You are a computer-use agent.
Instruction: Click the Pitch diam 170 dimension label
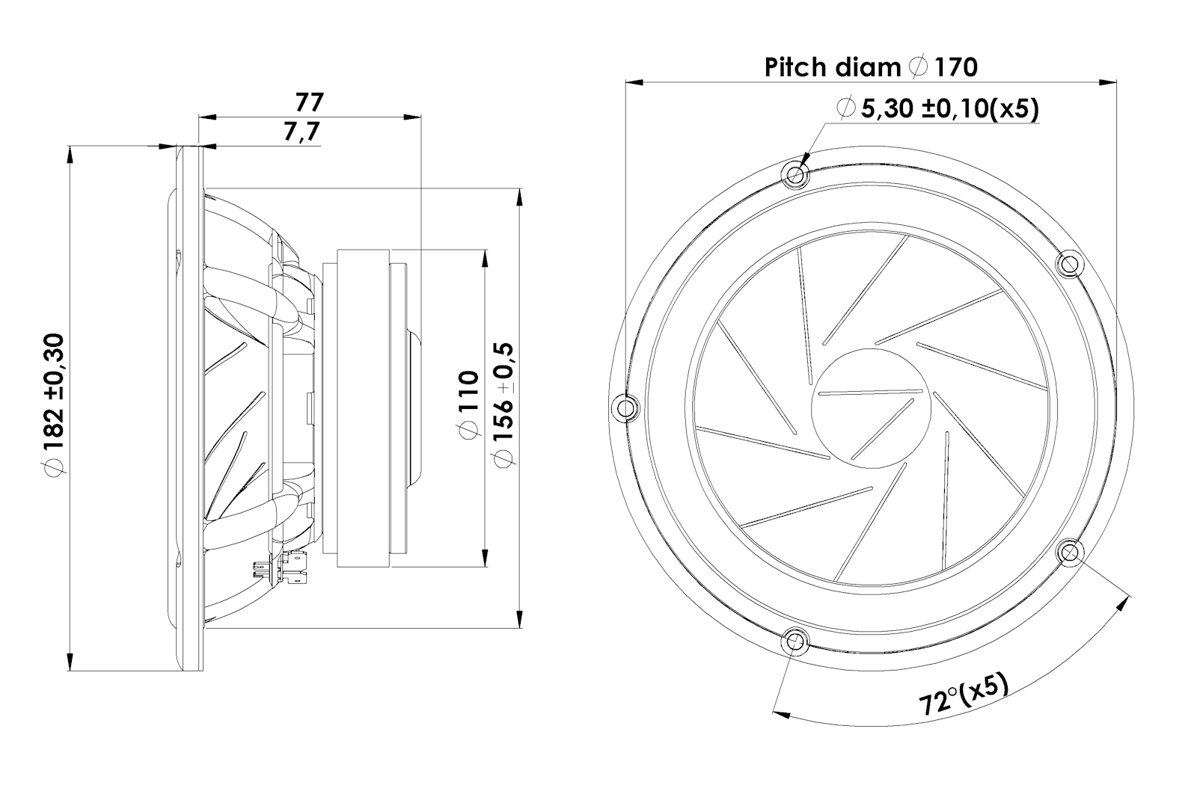click(x=870, y=67)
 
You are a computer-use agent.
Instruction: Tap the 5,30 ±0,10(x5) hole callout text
click(x=949, y=110)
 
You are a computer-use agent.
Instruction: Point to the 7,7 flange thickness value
click(x=301, y=132)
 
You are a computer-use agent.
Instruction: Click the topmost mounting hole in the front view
click(x=795, y=176)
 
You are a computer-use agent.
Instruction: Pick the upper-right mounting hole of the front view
click(x=1069, y=263)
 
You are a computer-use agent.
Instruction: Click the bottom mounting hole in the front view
click(x=795, y=641)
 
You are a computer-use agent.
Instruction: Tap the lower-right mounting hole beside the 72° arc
click(x=1071, y=553)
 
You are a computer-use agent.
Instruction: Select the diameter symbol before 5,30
click(x=847, y=109)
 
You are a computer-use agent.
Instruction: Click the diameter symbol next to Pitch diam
click(x=918, y=67)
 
